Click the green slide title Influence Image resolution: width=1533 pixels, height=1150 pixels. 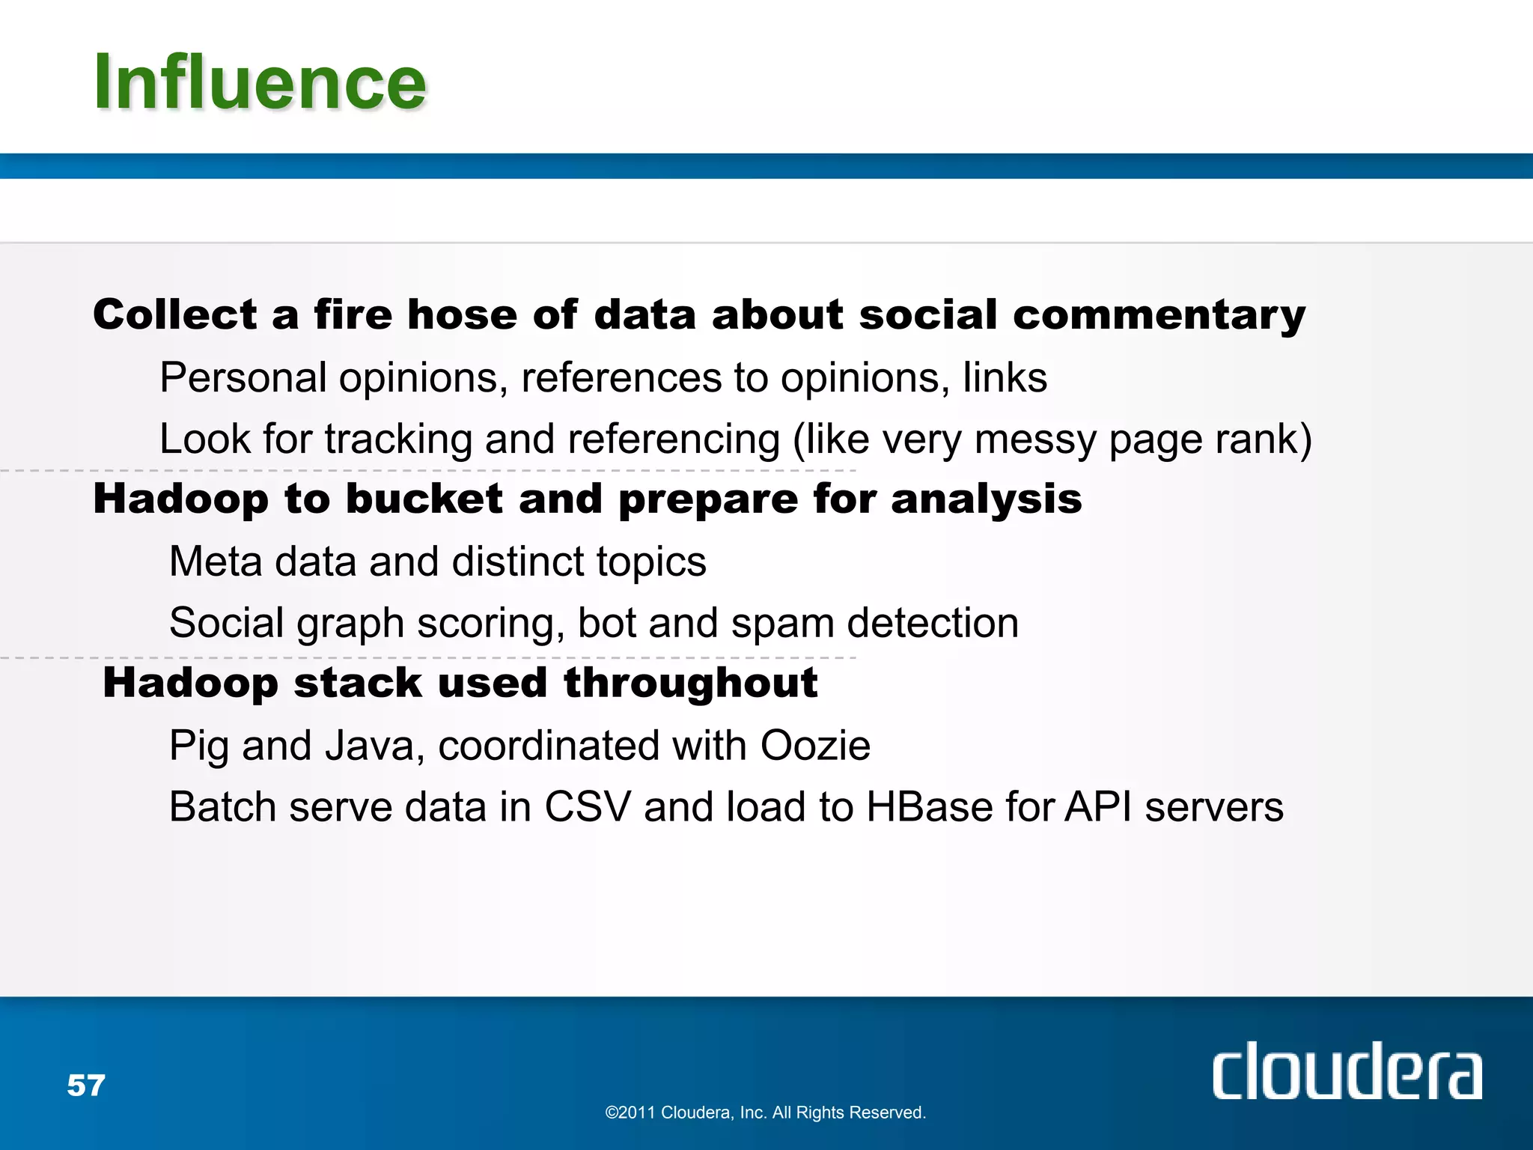(259, 82)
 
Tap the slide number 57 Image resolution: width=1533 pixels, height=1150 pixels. (86, 1086)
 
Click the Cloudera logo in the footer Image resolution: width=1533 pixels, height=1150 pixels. (1347, 1071)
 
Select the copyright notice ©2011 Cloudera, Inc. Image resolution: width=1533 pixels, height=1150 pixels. (765, 1113)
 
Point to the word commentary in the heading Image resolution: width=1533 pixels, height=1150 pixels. (1159, 315)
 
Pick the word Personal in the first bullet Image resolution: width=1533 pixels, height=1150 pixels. (243, 378)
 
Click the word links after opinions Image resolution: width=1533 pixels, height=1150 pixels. (1005, 377)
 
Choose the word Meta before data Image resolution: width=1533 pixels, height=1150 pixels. (215, 562)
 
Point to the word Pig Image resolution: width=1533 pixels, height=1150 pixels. (198, 747)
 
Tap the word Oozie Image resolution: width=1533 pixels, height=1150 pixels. (815, 746)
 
